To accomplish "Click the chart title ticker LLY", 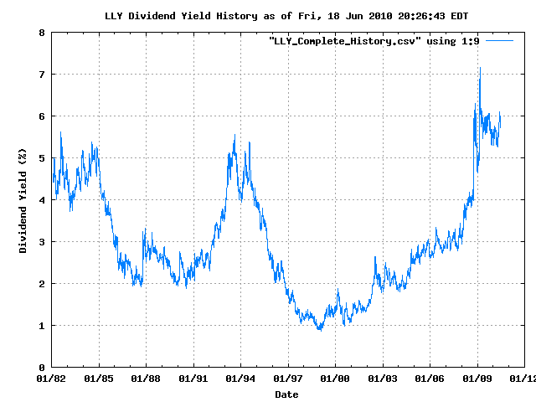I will [115, 16].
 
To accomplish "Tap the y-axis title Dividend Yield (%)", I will [23, 199].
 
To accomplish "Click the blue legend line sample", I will [499, 39].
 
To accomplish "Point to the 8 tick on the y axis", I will [41, 33].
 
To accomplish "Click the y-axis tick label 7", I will [41, 75].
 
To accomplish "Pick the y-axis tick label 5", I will [41, 158].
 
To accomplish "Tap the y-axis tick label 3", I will [41, 242].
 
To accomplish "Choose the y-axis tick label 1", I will [41, 326].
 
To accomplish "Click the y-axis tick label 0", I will [41, 368].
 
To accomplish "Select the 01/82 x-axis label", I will [51, 379].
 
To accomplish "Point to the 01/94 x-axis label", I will [241, 379].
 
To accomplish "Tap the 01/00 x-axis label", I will [336, 379].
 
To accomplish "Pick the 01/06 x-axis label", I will [430, 379].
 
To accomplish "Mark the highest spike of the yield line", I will [480, 68].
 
